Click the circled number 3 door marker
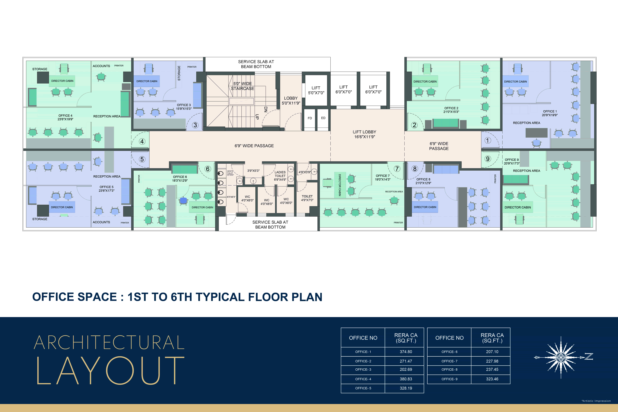(x=195, y=125)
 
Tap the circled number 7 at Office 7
(x=397, y=169)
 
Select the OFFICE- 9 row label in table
(x=449, y=379)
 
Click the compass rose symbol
(x=561, y=357)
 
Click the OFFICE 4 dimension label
(x=65, y=117)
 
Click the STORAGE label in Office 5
(x=40, y=219)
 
